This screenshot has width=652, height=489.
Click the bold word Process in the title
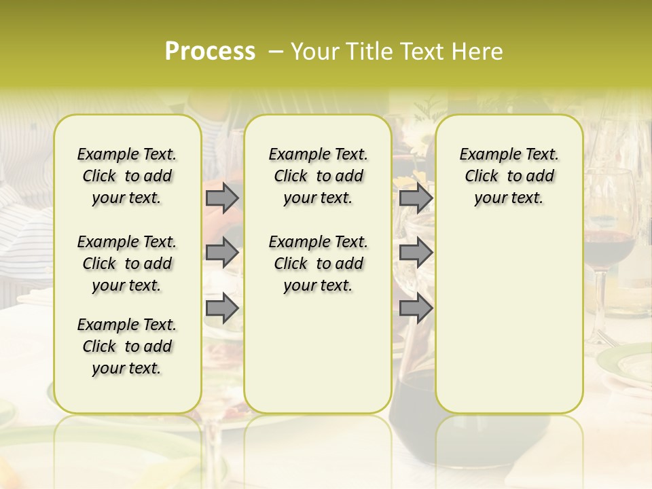click(210, 52)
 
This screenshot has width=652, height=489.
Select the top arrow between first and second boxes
click(222, 198)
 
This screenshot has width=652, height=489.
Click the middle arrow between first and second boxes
click(222, 253)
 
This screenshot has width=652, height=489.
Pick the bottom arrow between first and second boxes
click(222, 308)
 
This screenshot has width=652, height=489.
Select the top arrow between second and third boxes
click(416, 198)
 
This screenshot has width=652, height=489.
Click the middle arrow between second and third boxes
click(416, 253)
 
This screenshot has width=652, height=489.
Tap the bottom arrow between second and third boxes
click(416, 308)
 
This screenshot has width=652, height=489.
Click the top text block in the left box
click(127, 176)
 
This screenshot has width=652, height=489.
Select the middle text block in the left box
click(127, 264)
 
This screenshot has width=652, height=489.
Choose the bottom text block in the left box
click(127, 346)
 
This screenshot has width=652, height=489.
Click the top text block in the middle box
click(318, 176)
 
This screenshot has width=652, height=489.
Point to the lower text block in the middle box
click(318, 264)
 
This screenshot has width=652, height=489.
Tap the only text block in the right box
click(509, 176)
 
